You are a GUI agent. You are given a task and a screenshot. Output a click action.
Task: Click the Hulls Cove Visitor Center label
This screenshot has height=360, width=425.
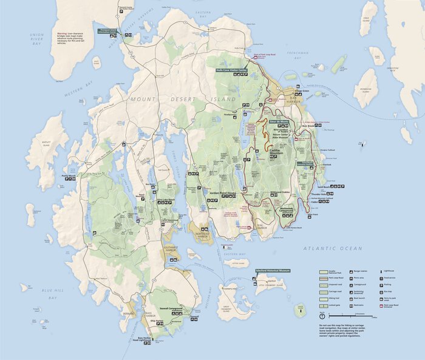[x=232, y=70]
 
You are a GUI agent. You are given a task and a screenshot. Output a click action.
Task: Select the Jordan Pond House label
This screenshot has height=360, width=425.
[x=223, y=192]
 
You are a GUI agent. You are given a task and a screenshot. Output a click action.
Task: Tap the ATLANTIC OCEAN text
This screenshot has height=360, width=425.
[x=333, y=248]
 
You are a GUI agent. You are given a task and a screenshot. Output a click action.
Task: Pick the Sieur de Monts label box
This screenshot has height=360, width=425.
[x=279, y=121]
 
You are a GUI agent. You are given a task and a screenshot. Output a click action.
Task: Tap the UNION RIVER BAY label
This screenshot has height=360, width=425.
[x=38, y=38]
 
